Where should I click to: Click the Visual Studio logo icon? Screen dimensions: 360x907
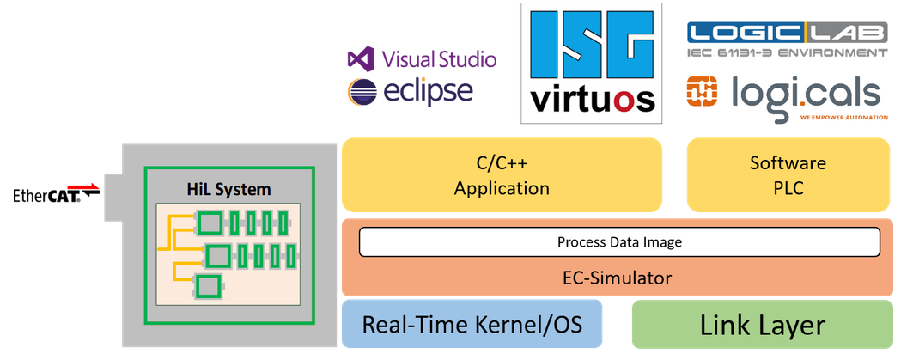click(358, 59)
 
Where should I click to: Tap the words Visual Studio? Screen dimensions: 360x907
click(438, 59)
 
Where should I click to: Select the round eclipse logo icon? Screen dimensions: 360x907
click(362, 91)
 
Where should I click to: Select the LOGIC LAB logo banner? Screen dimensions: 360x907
click(787, 33)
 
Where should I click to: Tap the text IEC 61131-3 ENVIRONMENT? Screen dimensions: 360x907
click(787, 53)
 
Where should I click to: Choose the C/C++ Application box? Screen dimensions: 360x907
click(502, 175)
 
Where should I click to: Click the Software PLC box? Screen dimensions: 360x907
click(788, 175)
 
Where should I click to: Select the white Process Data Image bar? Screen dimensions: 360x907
click(618, 242)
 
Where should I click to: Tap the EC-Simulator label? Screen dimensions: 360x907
click(618, 278)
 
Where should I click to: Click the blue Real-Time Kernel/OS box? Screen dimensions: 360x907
click(472, 325)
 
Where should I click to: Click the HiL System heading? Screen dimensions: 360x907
click(228, 189)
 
